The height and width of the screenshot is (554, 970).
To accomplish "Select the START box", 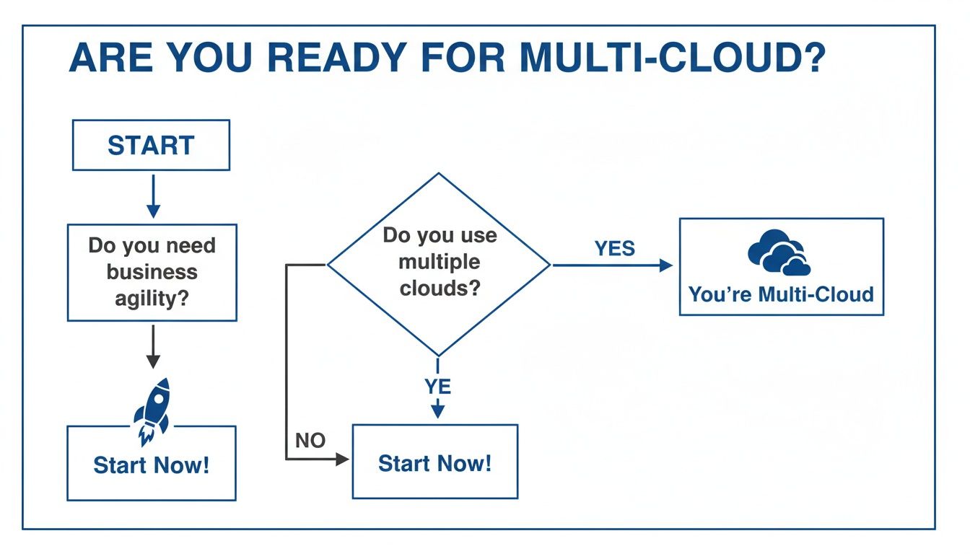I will coord(151,145).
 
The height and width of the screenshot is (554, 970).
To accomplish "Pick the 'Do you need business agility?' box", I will coord(152,272).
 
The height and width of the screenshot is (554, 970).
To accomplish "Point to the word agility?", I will coord(152,297).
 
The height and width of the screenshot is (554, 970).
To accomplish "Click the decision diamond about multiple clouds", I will coord(439,264).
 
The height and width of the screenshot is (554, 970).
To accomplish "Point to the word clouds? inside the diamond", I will coord(439,288).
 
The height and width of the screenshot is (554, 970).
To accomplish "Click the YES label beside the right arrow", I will coord(615,249).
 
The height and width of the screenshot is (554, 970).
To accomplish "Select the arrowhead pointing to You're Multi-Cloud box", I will coord(665,265).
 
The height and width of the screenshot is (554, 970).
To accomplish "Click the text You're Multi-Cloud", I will coord(781,294).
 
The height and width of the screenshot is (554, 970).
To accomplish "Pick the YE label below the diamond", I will coord(437,387).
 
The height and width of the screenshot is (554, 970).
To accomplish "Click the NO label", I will coord(310,440).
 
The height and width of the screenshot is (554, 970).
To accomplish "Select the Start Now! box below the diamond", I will coord(434,462).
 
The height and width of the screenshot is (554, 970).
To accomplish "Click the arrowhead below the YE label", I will coord(437,412).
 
